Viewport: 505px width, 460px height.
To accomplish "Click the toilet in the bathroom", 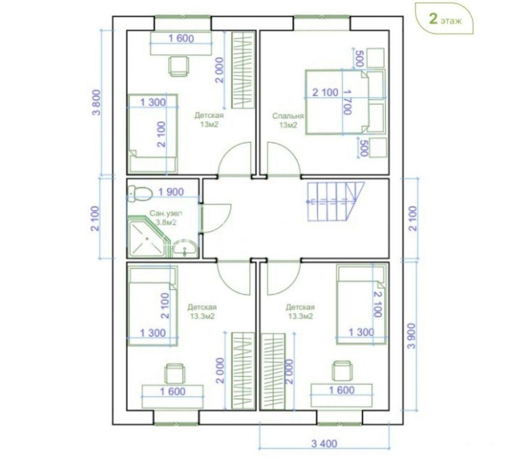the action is [140, 194].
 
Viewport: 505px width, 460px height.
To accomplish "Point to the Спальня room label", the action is [288, 116].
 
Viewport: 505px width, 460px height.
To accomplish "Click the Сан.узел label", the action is [166, 213].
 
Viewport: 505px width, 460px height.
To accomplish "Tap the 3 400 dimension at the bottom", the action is [324, 444].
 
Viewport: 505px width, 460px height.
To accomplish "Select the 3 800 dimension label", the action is [97, 102].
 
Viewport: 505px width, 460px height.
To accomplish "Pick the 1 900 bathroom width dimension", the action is [171, 192].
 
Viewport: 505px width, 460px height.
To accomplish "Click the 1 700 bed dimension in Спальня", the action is [348, 102].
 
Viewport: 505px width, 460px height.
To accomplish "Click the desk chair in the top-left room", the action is [179, 66].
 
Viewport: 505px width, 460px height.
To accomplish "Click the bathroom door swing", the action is [216, 218].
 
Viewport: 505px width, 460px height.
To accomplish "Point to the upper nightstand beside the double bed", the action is [375, 58].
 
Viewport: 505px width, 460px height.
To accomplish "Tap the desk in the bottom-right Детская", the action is [341, 395].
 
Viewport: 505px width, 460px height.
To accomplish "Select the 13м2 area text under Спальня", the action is [288, 125].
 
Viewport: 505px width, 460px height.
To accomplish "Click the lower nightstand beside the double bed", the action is [377, 147].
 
